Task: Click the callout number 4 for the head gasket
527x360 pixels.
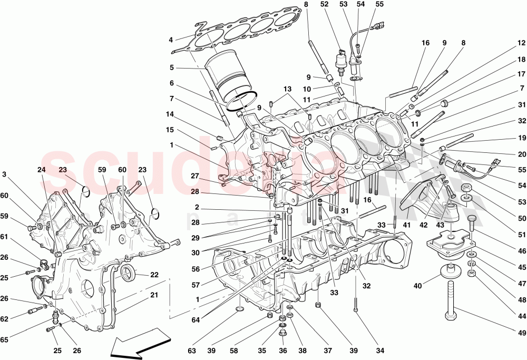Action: (171, 40)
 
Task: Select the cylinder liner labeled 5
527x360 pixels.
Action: (225, 79)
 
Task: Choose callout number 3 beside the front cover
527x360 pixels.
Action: (4, 174)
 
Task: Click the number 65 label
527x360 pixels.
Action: (5, 340)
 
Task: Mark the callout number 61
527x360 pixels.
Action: (5, 237)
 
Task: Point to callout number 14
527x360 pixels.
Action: (170, 113)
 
